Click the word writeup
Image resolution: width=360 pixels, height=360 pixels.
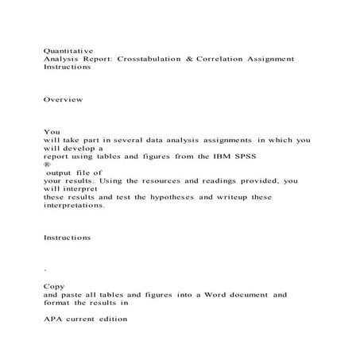(231, 197)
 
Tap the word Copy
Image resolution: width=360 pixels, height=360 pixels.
(54, 285)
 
